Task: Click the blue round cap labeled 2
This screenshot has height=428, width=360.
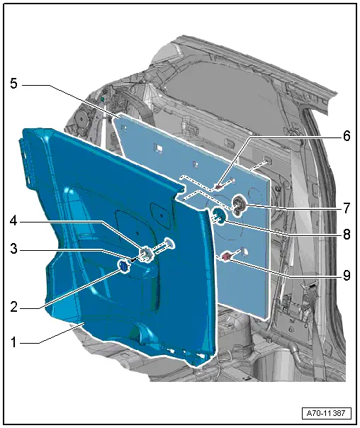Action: point(124,266)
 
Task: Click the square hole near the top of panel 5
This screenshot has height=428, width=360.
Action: point(161,149)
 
